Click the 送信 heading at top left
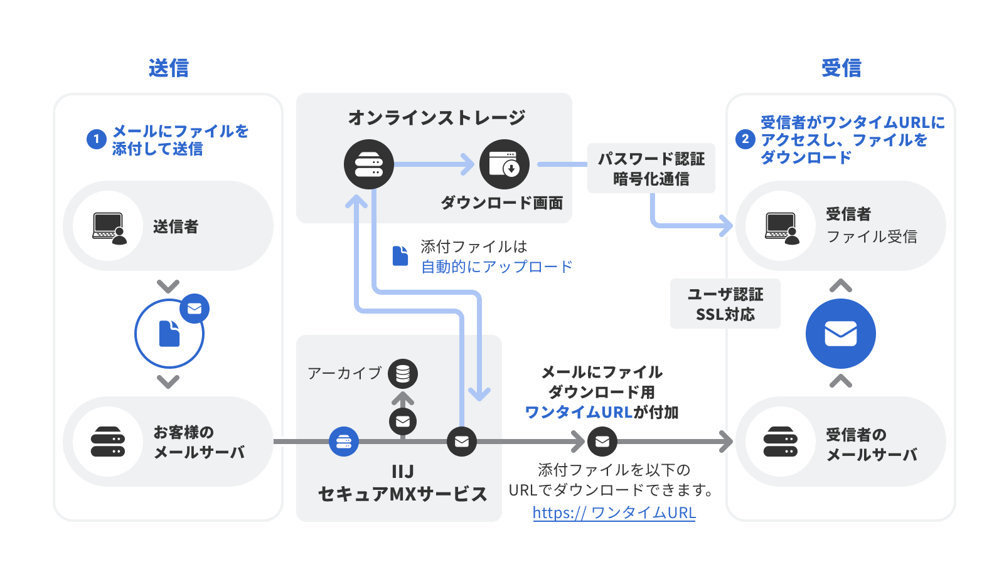tap(168, 68)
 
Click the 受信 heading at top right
tap(841, 68)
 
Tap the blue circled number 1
tap(96, 139)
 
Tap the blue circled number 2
tap(745, 139)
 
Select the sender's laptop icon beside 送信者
tap(109, 227)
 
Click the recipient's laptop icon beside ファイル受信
tap(782, 227)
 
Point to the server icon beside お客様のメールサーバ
tap(108, 442)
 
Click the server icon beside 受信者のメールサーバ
tap(781, 442)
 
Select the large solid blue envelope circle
tap(840, 334)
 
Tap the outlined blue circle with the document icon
tap(169, 334)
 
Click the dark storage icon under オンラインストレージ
tap(369, 164)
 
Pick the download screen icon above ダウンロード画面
tap(505, 164)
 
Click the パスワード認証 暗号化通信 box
tap(651, 168)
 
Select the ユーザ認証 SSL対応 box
tap(725, 304)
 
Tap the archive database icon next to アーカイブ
tap(403, 374)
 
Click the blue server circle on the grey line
tap(344, 442)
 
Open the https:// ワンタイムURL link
tap(614, 512)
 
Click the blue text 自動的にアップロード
tap(496, 267)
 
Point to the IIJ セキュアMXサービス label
tap(402, 483)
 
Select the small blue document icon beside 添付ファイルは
tap(400, 256)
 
